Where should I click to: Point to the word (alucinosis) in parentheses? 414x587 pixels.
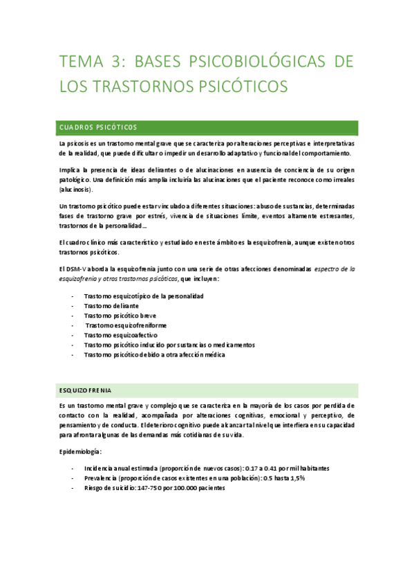75,189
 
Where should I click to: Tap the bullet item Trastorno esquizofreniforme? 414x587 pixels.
126,325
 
